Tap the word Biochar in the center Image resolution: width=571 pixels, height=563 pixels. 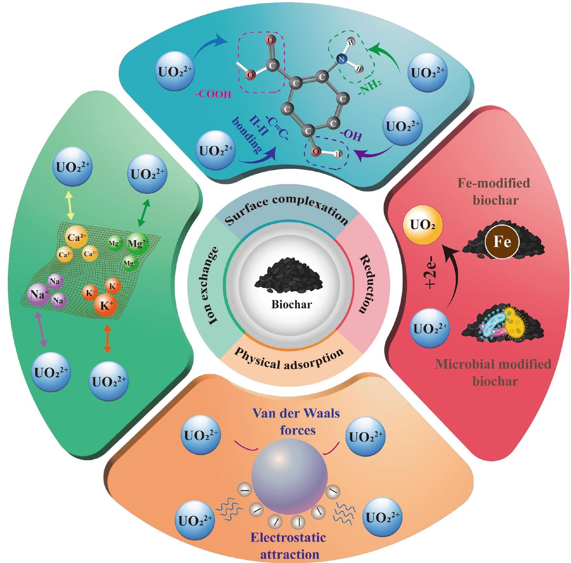pyautogui.click(x=292, y=304)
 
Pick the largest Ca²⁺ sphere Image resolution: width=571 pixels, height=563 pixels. pyautogui.click(x=76, y=237)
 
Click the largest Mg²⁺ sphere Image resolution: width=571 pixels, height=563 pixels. pyautogui.click(x=138, y=244)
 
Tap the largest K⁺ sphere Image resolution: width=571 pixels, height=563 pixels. pyautogui.click(x=106, y=305)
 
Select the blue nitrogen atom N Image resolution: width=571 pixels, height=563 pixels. pyautogui.click(x=341, y=60)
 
